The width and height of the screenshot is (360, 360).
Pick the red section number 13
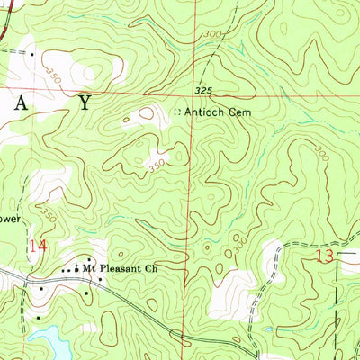pyautogui.click(x=325, y=256)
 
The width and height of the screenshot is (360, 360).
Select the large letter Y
pyautogui.click(x=84, y=103)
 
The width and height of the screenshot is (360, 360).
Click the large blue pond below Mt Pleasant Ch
pyautogui.click(x=49, y=340)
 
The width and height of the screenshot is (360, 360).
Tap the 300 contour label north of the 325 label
pyautogui.click(x=212, y=33)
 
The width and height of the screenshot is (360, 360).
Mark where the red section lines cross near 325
pyautogui.click(x=190, y=93)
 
